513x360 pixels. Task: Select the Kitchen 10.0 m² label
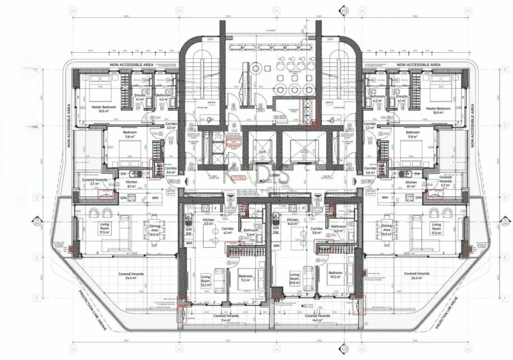[x=292, y=221]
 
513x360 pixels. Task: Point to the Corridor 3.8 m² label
[x=317, y=230]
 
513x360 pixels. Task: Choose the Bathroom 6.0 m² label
[x=337, y=228]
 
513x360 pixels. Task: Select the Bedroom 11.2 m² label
[x=245, y=278]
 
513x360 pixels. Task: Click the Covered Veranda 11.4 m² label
[x=226, y=317]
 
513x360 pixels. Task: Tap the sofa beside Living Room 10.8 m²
[x=309, y=274]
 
